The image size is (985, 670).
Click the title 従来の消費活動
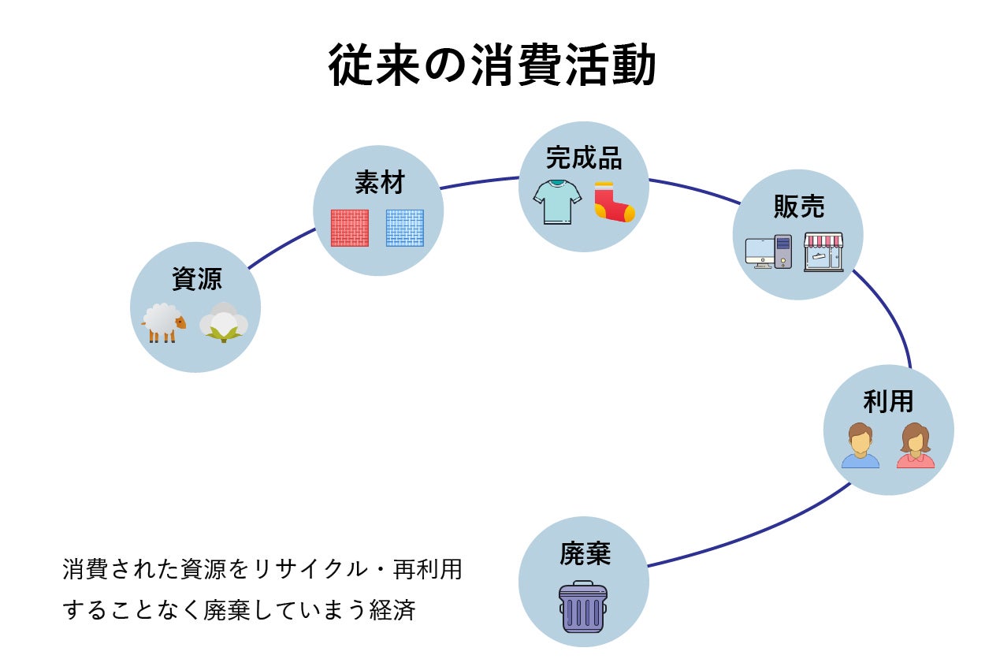click(492, 65)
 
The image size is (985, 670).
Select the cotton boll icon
click(224, 322)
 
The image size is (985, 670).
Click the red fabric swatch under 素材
click(349, 228)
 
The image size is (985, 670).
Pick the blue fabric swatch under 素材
click(404, 228)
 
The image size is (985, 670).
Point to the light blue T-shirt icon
click(556, 201)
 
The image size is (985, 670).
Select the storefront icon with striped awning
click(823, 251)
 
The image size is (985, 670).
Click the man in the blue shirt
click(860, 446)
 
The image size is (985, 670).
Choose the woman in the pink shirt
click(915, 446)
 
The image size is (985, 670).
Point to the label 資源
click(196, 278)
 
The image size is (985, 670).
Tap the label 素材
click(378, 183)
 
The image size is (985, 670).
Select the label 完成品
click(584, 158)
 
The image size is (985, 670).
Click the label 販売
click(798, 207)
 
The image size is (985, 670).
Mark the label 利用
click(888, 401)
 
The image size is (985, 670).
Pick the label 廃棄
click(585, 553)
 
